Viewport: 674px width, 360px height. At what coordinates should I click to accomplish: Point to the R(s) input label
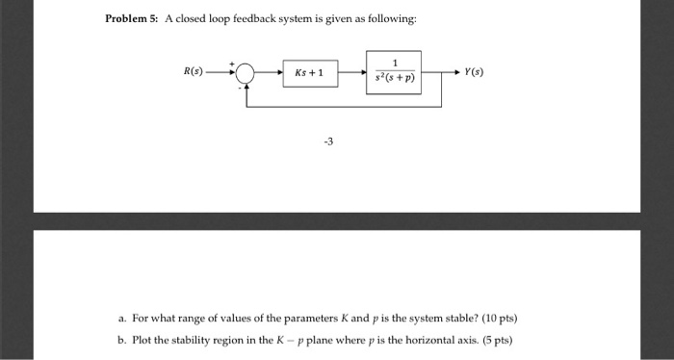click(x=194, y=72)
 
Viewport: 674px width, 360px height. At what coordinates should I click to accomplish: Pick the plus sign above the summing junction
click(x=232, y=63)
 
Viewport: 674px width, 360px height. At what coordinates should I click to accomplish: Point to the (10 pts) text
click(x=509, y=318)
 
